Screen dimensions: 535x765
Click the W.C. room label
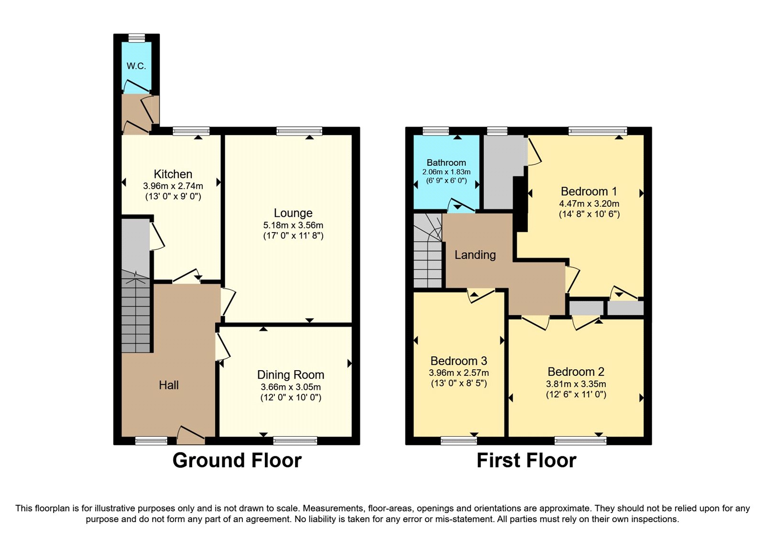click(136, 66)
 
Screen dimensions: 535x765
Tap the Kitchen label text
click(173, 174)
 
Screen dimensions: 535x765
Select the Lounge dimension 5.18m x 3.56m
click(293, 225)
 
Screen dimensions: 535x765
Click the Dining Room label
click(291, 375)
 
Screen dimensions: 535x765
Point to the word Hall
click(169, 385)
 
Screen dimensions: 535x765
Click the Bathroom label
click(446, 162)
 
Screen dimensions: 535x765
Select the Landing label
click(475, 255)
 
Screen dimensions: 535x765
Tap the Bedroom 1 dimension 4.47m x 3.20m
click(589, 203)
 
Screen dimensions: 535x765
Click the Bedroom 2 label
click(576, 372)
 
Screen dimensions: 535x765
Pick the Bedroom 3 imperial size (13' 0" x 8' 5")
click(459, 383)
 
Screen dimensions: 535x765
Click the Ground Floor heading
click(237, 460)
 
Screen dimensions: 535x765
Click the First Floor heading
click(526, 460)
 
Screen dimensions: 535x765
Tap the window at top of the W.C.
click(137, 38)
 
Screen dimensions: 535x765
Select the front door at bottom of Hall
click(190, 434)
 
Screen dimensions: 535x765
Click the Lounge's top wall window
click(299, 131)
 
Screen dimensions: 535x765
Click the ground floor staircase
click(136, 313)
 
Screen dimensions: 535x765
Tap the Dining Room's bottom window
click(295, 440)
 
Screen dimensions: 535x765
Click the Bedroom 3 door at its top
click(481, 295)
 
